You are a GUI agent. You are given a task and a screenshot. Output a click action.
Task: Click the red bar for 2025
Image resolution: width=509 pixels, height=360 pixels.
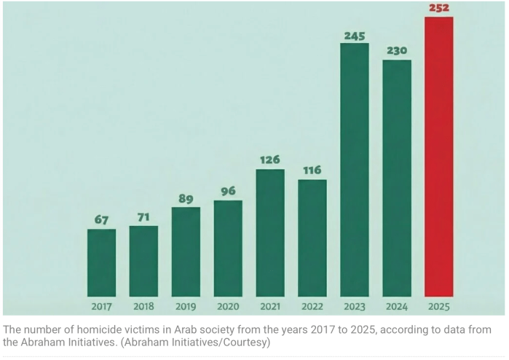pos(438,157)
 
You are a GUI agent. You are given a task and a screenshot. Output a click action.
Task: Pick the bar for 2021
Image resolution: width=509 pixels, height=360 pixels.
pos(270,232)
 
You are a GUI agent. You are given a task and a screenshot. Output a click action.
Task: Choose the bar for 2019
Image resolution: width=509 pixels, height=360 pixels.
pos(186,251)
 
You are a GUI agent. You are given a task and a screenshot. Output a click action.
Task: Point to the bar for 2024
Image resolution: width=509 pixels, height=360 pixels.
pos(397,178)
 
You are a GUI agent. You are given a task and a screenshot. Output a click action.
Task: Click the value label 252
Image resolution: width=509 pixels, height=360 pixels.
pos(438,7)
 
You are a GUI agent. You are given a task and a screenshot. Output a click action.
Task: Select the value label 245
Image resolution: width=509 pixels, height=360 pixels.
pos(355,35)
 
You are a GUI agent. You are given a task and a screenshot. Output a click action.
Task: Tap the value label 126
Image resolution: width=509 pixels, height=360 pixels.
pos(270,160)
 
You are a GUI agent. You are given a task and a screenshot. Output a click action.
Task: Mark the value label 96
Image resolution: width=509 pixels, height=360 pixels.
pos(228,192)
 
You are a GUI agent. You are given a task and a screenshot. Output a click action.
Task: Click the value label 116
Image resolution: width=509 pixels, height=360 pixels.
pos(312,170)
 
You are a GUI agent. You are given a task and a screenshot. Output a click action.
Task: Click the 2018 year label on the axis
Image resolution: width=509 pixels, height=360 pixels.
pos(143,306)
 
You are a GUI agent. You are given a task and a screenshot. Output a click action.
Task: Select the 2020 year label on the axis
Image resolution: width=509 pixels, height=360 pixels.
pos(228,306)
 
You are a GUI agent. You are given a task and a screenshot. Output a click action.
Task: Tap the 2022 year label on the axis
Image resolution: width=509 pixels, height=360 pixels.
pos(312,306)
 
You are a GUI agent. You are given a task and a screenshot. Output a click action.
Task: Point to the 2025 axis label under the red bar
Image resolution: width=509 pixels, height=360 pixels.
pos(438,306)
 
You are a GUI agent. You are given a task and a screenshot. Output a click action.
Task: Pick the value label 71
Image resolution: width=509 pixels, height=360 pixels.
pos(143,217)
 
